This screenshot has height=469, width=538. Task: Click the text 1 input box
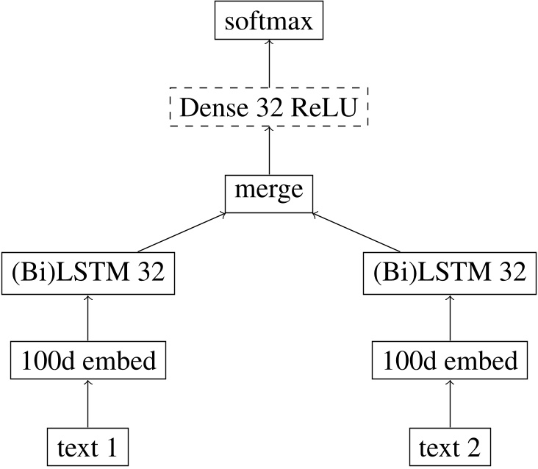pos(89,445)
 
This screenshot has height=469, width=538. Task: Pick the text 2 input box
pos(449,445)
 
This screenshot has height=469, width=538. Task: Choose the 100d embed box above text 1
pos(89,361)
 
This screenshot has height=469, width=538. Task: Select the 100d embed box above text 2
pos(449,361)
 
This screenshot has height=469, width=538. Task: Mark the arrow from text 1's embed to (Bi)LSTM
pos(89,318)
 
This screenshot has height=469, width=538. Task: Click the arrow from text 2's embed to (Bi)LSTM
pos(449,318)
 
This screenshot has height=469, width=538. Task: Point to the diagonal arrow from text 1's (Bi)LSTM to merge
pos(180,234)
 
